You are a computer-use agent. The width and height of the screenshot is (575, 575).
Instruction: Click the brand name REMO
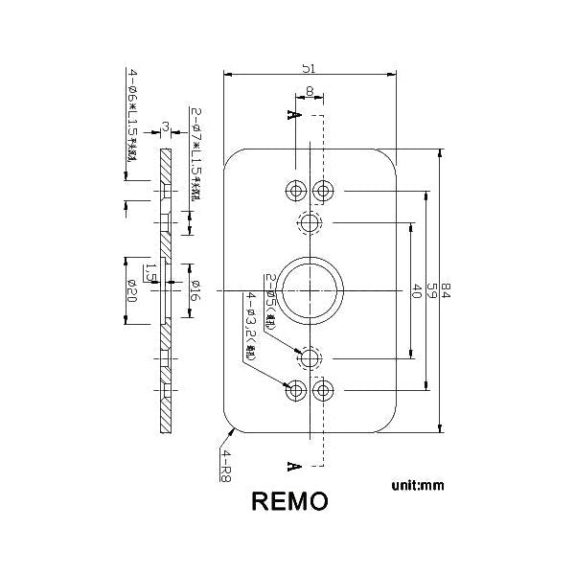289,501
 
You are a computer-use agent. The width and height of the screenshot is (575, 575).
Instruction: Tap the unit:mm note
418,486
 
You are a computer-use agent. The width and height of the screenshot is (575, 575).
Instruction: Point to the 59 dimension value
431,289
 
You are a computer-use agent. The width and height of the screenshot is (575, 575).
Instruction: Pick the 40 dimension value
416,291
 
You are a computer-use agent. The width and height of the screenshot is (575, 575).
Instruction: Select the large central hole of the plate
310,290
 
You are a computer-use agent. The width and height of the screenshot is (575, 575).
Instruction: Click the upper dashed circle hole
310,224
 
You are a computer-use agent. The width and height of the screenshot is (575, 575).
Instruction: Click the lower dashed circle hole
310,357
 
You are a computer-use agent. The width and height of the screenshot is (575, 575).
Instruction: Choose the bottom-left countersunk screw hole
294,390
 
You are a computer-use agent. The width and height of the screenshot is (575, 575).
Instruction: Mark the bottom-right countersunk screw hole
325,390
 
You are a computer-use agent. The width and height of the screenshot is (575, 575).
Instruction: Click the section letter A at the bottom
291,467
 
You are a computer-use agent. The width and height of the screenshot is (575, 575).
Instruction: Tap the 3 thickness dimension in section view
166,126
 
